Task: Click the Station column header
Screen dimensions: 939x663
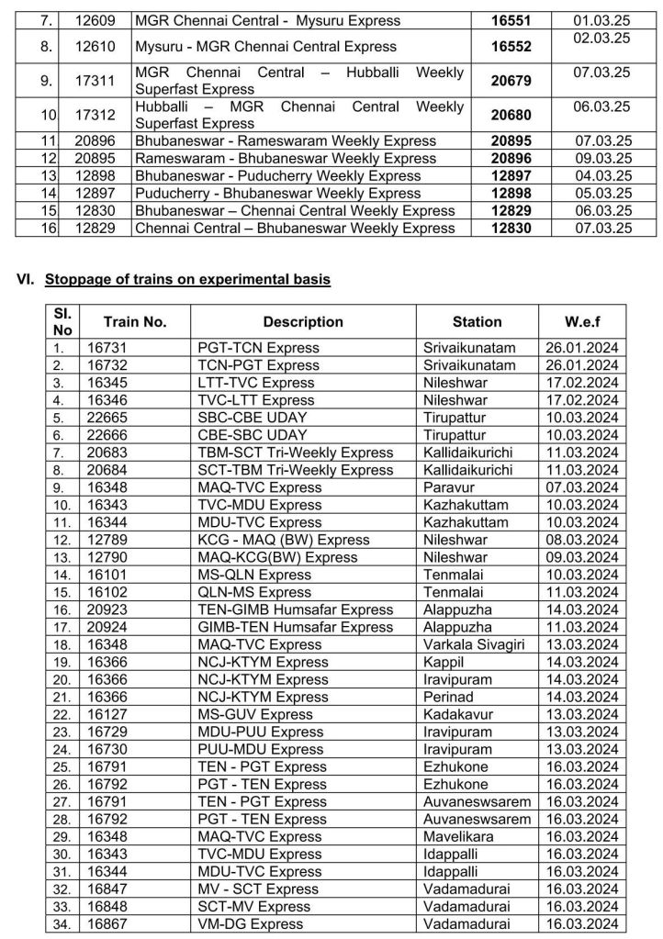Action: coord(477,322)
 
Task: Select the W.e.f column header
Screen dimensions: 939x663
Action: coord(583,322)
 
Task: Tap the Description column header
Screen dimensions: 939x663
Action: coord(303,322)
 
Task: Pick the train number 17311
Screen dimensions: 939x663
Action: coord(95,82)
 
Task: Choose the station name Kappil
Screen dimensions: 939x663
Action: coord(444,662)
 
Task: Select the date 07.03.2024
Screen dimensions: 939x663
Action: coord(582,487)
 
